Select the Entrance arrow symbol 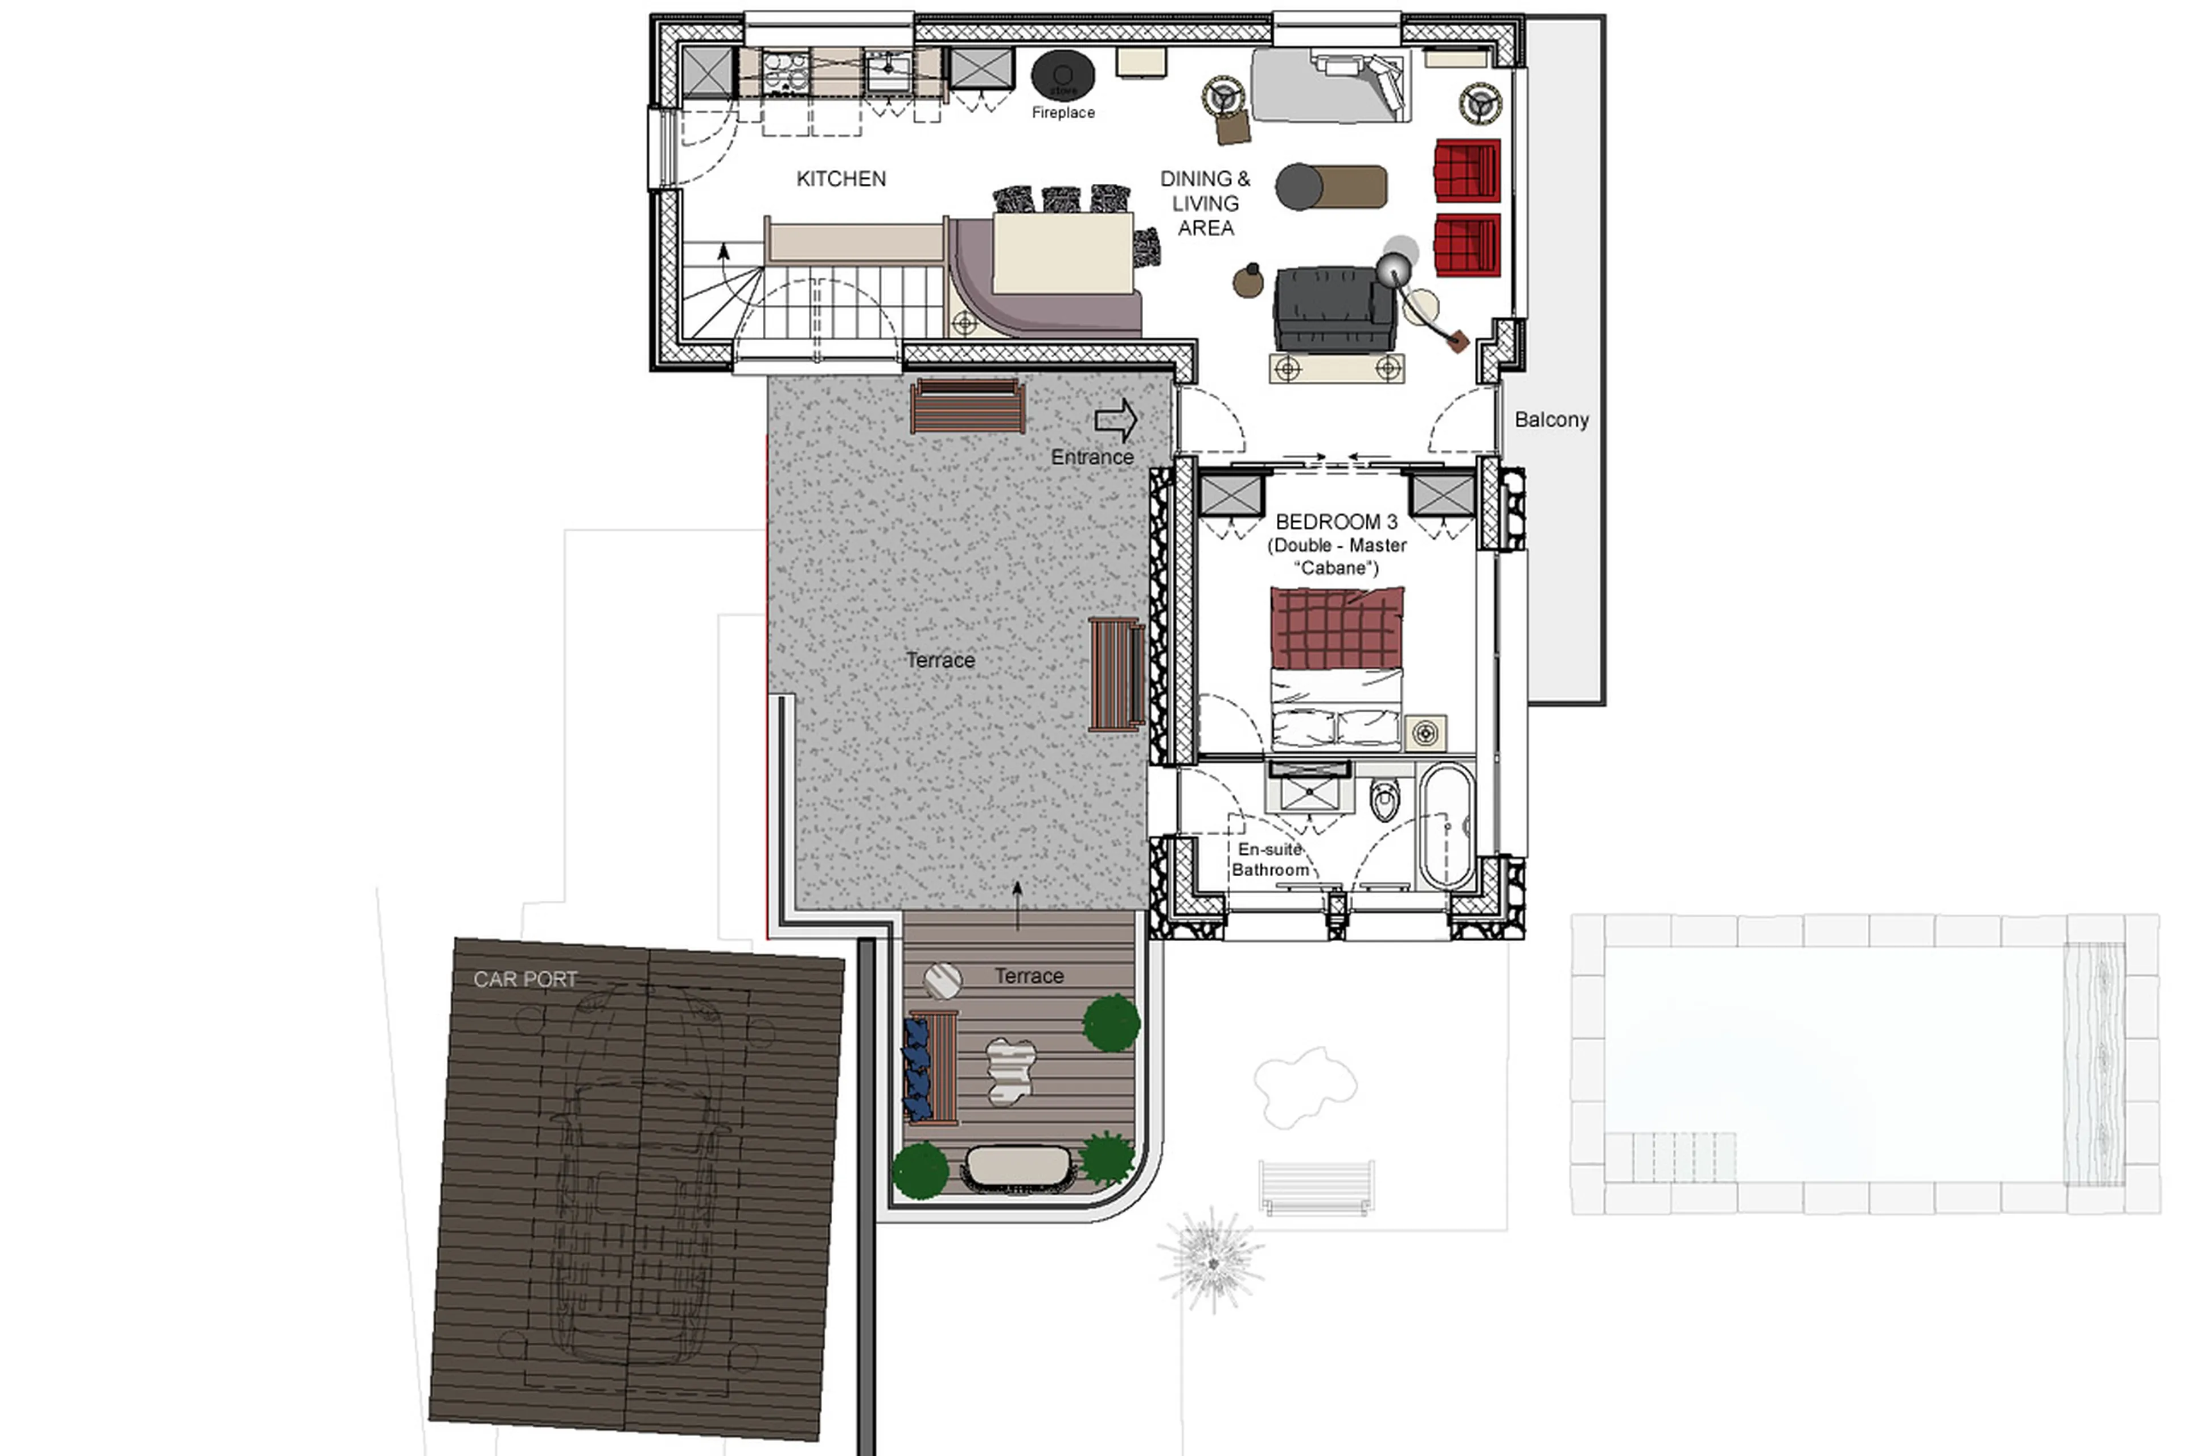tap(1116, 420)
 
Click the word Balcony tap(1551, 420)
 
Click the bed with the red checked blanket tap(1336, 669)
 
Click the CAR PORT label tap(525, 979)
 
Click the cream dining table tap(1062, 253)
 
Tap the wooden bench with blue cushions tap(932, 1068)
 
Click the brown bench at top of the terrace tap(967, 406)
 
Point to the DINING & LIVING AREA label tap(1205, 203)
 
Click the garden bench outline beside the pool tap(1316, 1187)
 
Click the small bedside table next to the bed tap(1424, 733)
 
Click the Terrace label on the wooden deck tap(1029, 976)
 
